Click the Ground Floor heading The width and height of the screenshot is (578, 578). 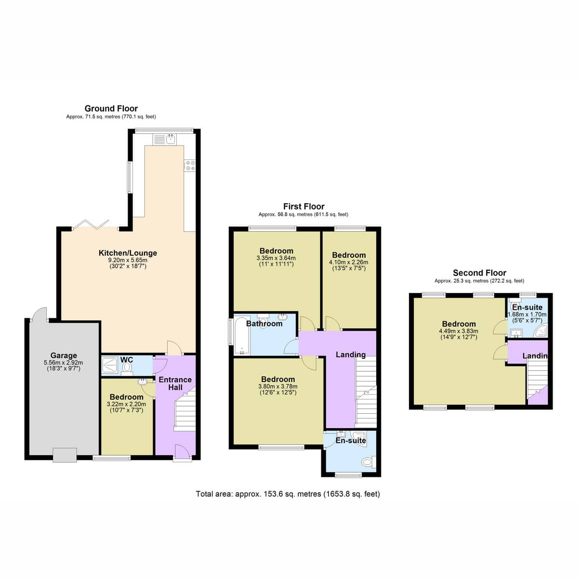pos(111,108)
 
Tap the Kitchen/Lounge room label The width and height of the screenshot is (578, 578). pos(128,253)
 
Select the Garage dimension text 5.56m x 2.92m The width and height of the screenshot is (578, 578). pos(63,362)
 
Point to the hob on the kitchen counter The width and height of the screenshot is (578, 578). pos(190,165)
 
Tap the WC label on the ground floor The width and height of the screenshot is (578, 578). pos(127,360)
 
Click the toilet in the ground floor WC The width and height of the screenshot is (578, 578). pos(128,368)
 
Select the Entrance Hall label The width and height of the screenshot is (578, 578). pos(175,383)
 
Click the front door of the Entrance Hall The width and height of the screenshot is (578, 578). pos(182,453)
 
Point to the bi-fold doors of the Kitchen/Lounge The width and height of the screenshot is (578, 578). pos(91,224)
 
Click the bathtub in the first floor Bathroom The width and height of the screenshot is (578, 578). pos(242,335)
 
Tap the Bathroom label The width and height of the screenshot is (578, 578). pos(264,324)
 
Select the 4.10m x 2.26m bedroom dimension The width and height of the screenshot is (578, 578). pos(349,262)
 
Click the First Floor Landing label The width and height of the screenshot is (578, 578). pos(351,355)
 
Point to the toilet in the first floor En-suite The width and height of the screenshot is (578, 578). pos(369,462)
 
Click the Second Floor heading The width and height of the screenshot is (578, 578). pos(479,273)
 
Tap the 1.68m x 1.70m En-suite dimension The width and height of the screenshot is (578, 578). pos(527,315)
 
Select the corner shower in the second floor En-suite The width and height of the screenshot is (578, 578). pos(541,330)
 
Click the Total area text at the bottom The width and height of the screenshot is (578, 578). pos(288,494)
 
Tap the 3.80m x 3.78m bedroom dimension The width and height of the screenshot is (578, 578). pos(278,386)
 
